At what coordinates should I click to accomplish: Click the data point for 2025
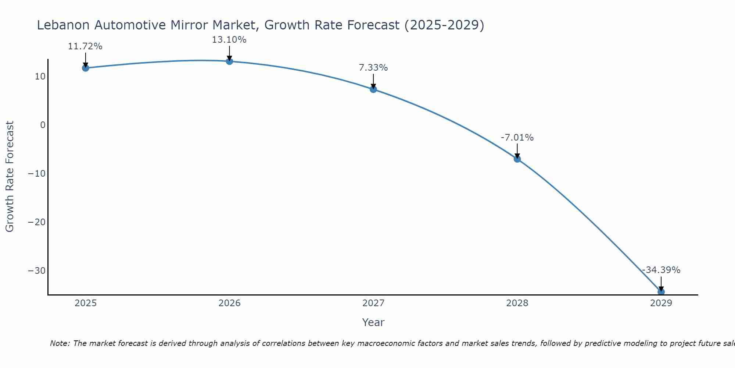coord(86,68)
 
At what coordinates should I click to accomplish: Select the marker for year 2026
coord(229,61)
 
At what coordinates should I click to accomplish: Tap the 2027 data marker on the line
coord(373,89)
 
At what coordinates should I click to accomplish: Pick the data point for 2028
coord(517,159)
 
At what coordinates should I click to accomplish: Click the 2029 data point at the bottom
coord(661,292)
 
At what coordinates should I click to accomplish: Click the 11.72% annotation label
coord(85,46)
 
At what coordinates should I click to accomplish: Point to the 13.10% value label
coord(229,40)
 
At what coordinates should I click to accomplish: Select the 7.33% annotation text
coord(373,68)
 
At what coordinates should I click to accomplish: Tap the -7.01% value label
coord(517,138)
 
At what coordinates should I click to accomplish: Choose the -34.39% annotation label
coord(661,270)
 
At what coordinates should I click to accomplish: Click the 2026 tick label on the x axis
coord(229,303)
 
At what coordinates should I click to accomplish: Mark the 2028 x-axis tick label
coord(517,303)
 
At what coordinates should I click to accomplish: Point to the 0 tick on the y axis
coord(43,125)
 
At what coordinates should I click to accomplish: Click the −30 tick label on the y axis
coord(37,271)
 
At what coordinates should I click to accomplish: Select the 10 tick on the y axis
coord(40,77)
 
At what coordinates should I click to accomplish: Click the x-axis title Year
coord(373,322)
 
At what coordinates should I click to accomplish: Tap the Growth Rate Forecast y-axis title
coord(10,177)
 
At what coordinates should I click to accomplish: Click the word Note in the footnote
coord(59,343)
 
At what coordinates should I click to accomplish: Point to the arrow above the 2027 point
coord(373,81)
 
